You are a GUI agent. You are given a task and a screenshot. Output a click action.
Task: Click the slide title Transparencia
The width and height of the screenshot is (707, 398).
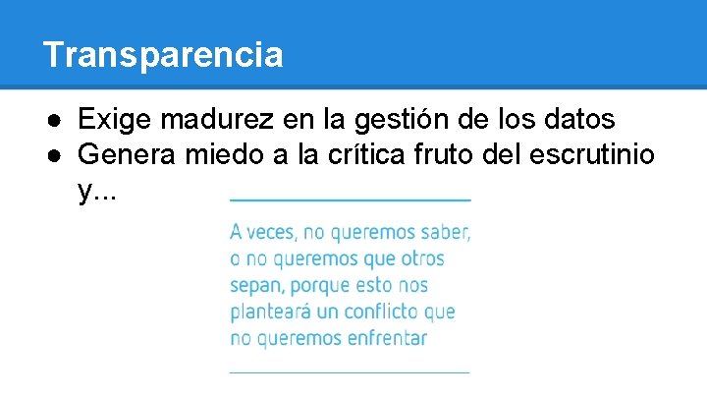pos(163,55)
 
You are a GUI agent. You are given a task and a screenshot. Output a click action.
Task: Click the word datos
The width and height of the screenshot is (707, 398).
pos(580,120)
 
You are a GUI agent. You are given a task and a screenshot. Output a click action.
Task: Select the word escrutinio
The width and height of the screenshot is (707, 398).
pos(600,154)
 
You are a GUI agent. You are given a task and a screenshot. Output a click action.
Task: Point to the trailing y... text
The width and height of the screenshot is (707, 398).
pos(96,190)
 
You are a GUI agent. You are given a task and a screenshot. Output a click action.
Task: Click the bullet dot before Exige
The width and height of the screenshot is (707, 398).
pos(60,121)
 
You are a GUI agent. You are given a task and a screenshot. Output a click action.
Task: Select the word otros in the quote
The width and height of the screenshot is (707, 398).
pos(422,259)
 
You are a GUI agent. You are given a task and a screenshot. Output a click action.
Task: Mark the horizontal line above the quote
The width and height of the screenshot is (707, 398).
pos(351,199)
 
